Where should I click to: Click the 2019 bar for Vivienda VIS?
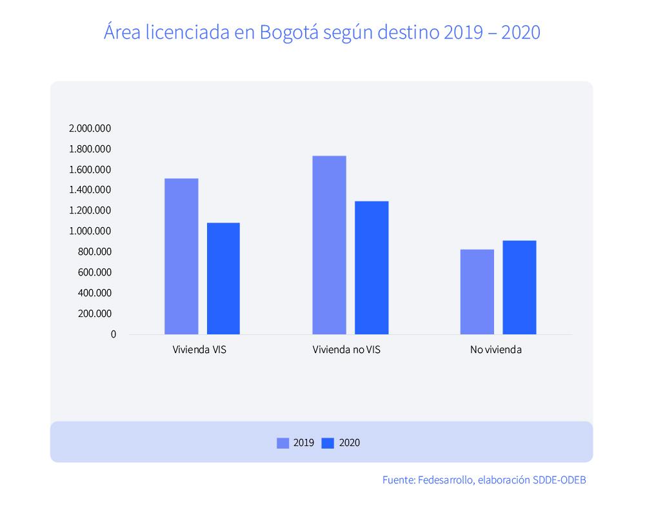click(x=181, y=256)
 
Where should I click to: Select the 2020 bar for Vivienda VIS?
click(x=223, y=278)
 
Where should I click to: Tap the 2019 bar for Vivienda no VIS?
click(x=329, y=245)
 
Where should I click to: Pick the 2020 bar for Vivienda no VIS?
click(x=372, y=267)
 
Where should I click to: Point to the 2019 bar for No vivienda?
click(x=477, y=292)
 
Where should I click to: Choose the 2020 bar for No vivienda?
click(x=519, y=287)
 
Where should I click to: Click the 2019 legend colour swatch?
click(x=283, y=443)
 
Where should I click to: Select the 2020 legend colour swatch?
click(x=328, y=443)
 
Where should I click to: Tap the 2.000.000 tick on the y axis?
click(x=90, y=128)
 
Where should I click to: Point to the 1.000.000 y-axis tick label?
click(x=90, y=231)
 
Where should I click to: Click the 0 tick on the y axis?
click(x=114, y=334)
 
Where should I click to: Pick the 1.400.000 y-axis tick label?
click(x=90, y=190)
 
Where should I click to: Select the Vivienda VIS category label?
click(x=199, y=350)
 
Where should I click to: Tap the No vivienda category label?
click(x=496, y=350)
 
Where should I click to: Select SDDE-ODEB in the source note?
click(x=559, y=480)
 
